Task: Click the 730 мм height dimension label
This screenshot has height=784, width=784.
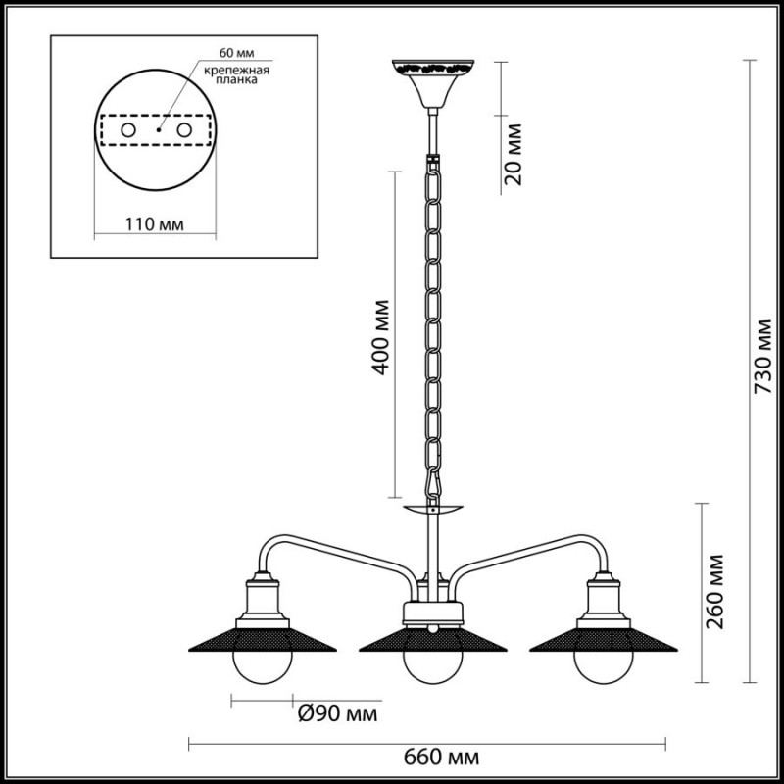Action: tap(764, 356)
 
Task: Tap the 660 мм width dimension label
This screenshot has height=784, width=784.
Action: tap(442, 758)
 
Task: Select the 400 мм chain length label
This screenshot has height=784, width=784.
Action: tap(380, 337)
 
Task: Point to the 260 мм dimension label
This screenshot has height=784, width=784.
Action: tap(714, 591)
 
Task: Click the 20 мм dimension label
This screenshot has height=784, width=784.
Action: tap(513, 155)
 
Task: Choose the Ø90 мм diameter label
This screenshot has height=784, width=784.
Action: tap(337, 714)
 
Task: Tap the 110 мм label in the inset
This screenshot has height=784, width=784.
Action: tap(154, 224)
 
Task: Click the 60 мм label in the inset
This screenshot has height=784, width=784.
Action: tap(236, 53)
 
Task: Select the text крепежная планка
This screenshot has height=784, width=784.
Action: tap(236, 74)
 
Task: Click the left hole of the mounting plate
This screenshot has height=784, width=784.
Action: tap(128, 130)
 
